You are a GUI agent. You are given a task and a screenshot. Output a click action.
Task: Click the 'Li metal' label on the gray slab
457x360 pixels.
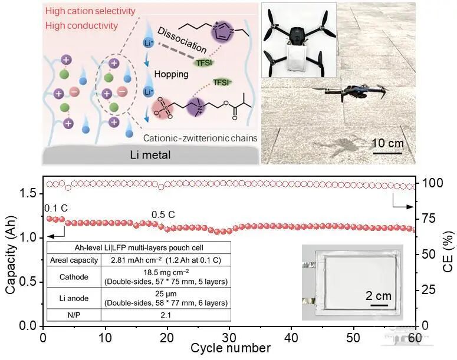150,154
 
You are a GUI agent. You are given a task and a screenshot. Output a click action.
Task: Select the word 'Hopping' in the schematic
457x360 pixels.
172,74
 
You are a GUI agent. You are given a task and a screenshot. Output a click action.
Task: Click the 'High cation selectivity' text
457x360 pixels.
90,11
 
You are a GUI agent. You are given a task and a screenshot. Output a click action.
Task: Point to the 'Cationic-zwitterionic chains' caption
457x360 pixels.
200,138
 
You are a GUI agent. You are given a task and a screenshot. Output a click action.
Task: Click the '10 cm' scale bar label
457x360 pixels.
387,143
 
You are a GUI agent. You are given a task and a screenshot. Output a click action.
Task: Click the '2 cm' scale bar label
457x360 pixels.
379,296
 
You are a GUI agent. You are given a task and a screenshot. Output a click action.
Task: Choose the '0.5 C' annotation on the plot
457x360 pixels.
163,214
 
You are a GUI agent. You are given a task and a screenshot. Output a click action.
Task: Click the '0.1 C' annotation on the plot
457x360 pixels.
56,208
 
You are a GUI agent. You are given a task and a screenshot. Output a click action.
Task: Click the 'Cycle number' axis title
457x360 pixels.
231,348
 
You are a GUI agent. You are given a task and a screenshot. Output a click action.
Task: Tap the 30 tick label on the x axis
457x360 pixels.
229,338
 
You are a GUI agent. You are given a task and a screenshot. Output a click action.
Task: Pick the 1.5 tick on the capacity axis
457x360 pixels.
28,194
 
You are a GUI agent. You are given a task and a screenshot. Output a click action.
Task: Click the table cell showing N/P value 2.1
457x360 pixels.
166,315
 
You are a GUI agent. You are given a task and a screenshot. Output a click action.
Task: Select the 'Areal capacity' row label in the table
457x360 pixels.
74,260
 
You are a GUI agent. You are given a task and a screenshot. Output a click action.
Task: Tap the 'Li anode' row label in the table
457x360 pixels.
74,298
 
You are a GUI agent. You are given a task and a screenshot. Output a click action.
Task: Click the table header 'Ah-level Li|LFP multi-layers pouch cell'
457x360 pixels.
139,248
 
